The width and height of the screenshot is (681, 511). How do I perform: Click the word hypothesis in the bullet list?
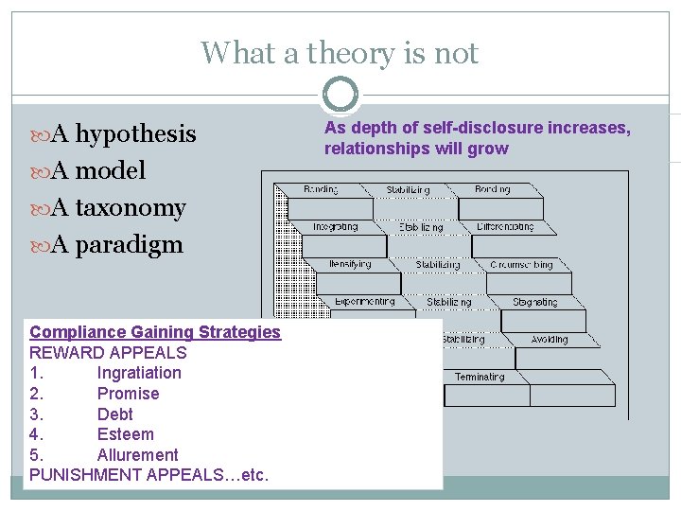pos(135,134)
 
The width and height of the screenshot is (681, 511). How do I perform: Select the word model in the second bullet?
pos(110,171)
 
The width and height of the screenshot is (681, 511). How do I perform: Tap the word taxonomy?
pos(131,208)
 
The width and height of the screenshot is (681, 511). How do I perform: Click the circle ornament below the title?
pos(340,95)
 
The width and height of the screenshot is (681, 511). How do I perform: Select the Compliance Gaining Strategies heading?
pos(155,332)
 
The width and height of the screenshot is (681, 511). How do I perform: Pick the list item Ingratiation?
pos(139,373)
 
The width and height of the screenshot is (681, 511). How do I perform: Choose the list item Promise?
pos(128,394)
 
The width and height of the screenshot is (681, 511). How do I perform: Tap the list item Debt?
pos(115,414)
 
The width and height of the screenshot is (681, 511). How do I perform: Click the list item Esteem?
pos(125,434)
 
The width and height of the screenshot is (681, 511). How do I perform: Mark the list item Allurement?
pos(137,455)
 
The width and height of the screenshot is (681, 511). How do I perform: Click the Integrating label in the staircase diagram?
pos(336,227)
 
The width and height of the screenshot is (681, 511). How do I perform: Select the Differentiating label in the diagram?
pos(505,227)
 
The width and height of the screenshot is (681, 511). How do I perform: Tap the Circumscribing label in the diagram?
pos(521,265)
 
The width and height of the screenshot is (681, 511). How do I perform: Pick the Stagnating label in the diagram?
pos(534,303)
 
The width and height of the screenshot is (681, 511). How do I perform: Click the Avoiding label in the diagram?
pos(550,340)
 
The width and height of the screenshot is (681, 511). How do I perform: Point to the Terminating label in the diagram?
pos(480,377)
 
